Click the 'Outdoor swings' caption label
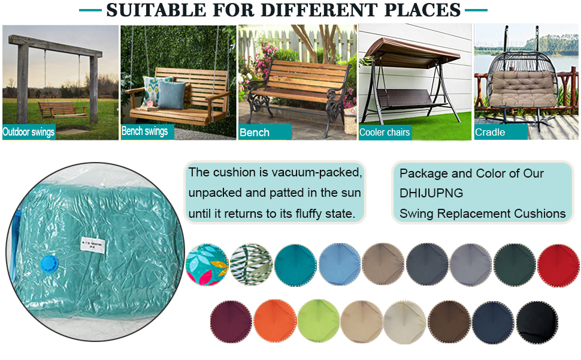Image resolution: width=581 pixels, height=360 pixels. [x=29, y=132]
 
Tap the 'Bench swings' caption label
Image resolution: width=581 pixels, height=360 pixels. [x=145, y=131]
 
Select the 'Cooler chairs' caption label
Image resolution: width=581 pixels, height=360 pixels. [x=385, y=133]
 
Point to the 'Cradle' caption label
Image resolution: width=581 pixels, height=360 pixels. [x=490, y=132]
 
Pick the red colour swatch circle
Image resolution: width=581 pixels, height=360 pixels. [x=558, y=264]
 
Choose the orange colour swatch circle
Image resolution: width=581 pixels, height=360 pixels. [x=274, y=322]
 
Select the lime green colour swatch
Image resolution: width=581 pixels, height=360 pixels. [x=318, y=322]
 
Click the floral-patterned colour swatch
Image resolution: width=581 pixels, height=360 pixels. [x=207, y=265]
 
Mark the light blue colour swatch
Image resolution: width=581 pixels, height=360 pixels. [x=339, y=264]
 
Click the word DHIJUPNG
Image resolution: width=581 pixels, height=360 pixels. [x=431, y=193]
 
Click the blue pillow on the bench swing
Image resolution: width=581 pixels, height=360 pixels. [x=172, y=94]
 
